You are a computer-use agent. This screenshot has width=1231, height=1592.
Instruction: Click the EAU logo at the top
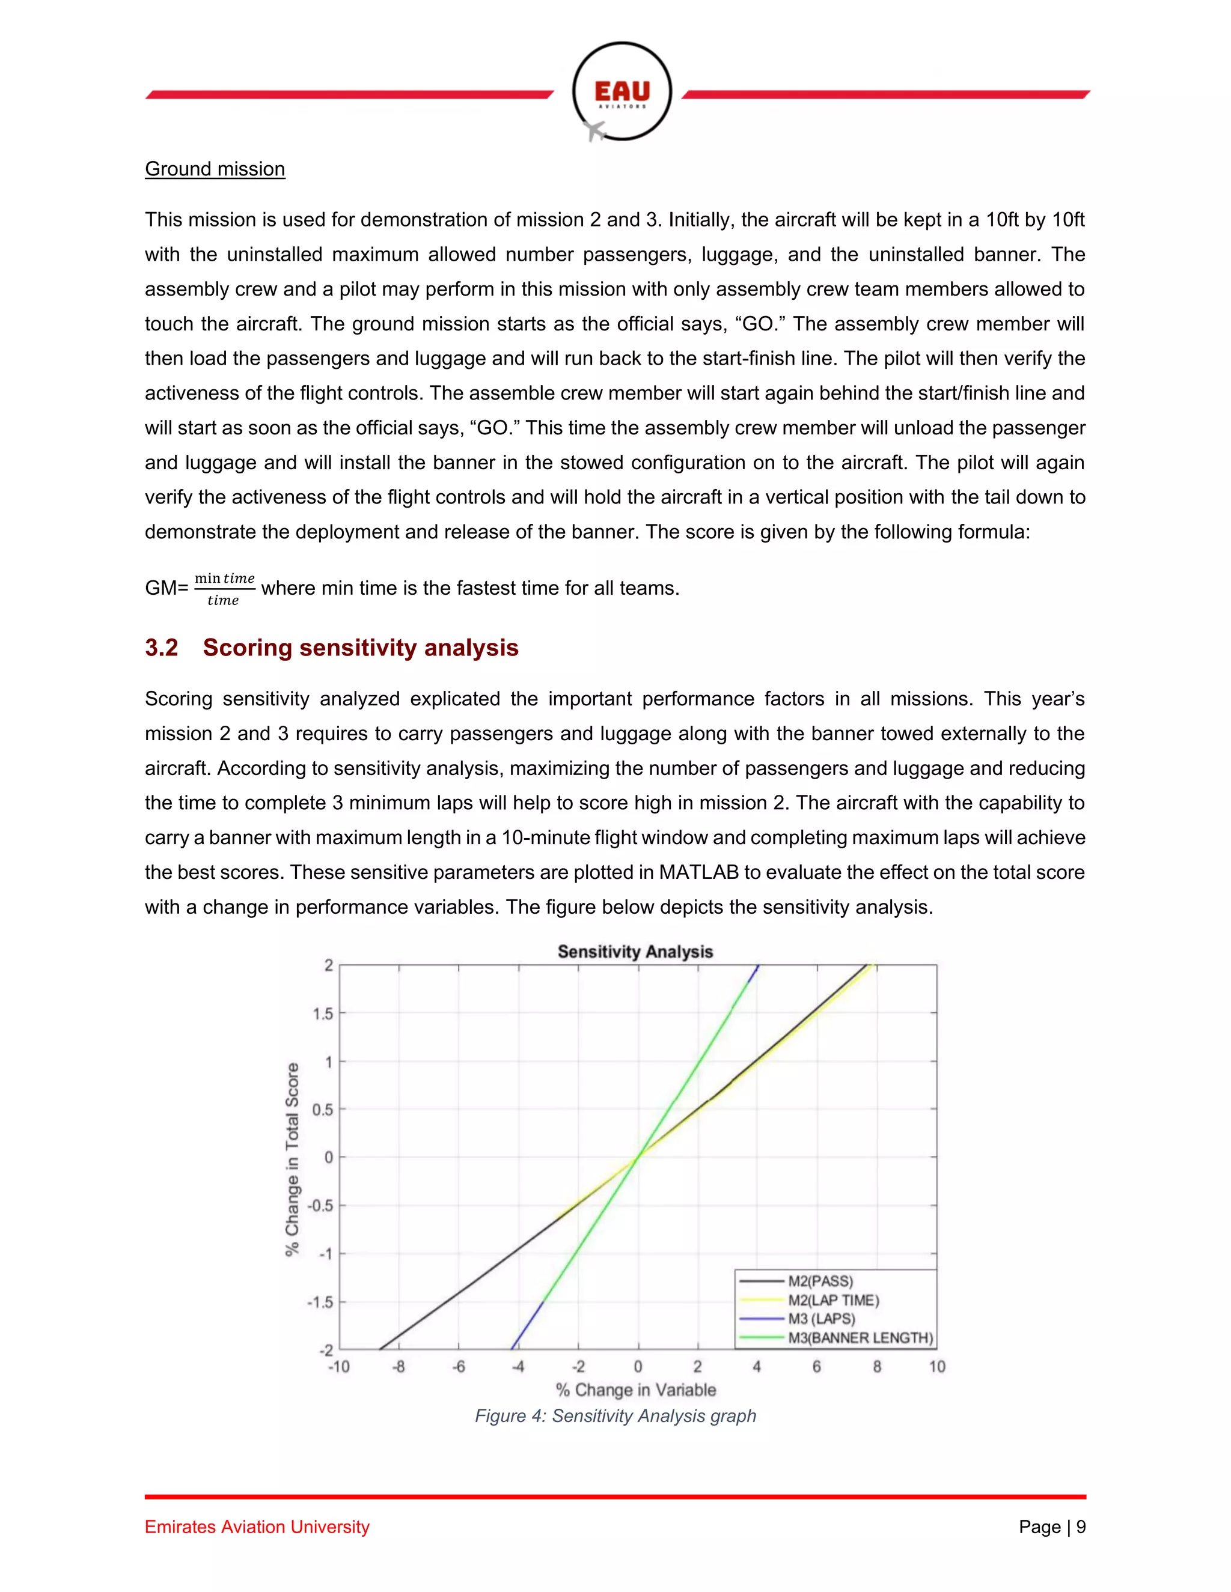click(622, 91)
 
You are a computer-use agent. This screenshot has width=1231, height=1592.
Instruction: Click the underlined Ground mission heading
click(215, 169)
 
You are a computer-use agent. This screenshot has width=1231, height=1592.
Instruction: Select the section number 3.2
click(161, 647)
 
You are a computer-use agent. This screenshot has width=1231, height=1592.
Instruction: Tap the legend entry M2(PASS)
click(820, 1281)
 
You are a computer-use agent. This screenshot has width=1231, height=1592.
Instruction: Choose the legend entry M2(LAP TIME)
click(833, 1299)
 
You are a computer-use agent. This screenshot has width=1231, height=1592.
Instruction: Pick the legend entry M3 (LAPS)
click(821, 1319)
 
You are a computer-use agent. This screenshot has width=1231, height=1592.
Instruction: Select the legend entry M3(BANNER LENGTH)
click(860, 1338)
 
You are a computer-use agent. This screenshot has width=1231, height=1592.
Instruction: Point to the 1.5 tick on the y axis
click(322, 1013)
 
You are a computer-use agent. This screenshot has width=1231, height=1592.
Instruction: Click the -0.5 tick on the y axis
click(319, 1206)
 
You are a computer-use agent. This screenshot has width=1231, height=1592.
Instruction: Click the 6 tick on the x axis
click(817, 1367)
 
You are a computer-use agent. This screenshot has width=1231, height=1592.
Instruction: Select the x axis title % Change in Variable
click(635, 1390)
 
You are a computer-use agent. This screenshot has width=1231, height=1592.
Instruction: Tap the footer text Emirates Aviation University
click(257, 1527)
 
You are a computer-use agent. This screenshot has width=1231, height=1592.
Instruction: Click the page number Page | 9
click(1052, 1527)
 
